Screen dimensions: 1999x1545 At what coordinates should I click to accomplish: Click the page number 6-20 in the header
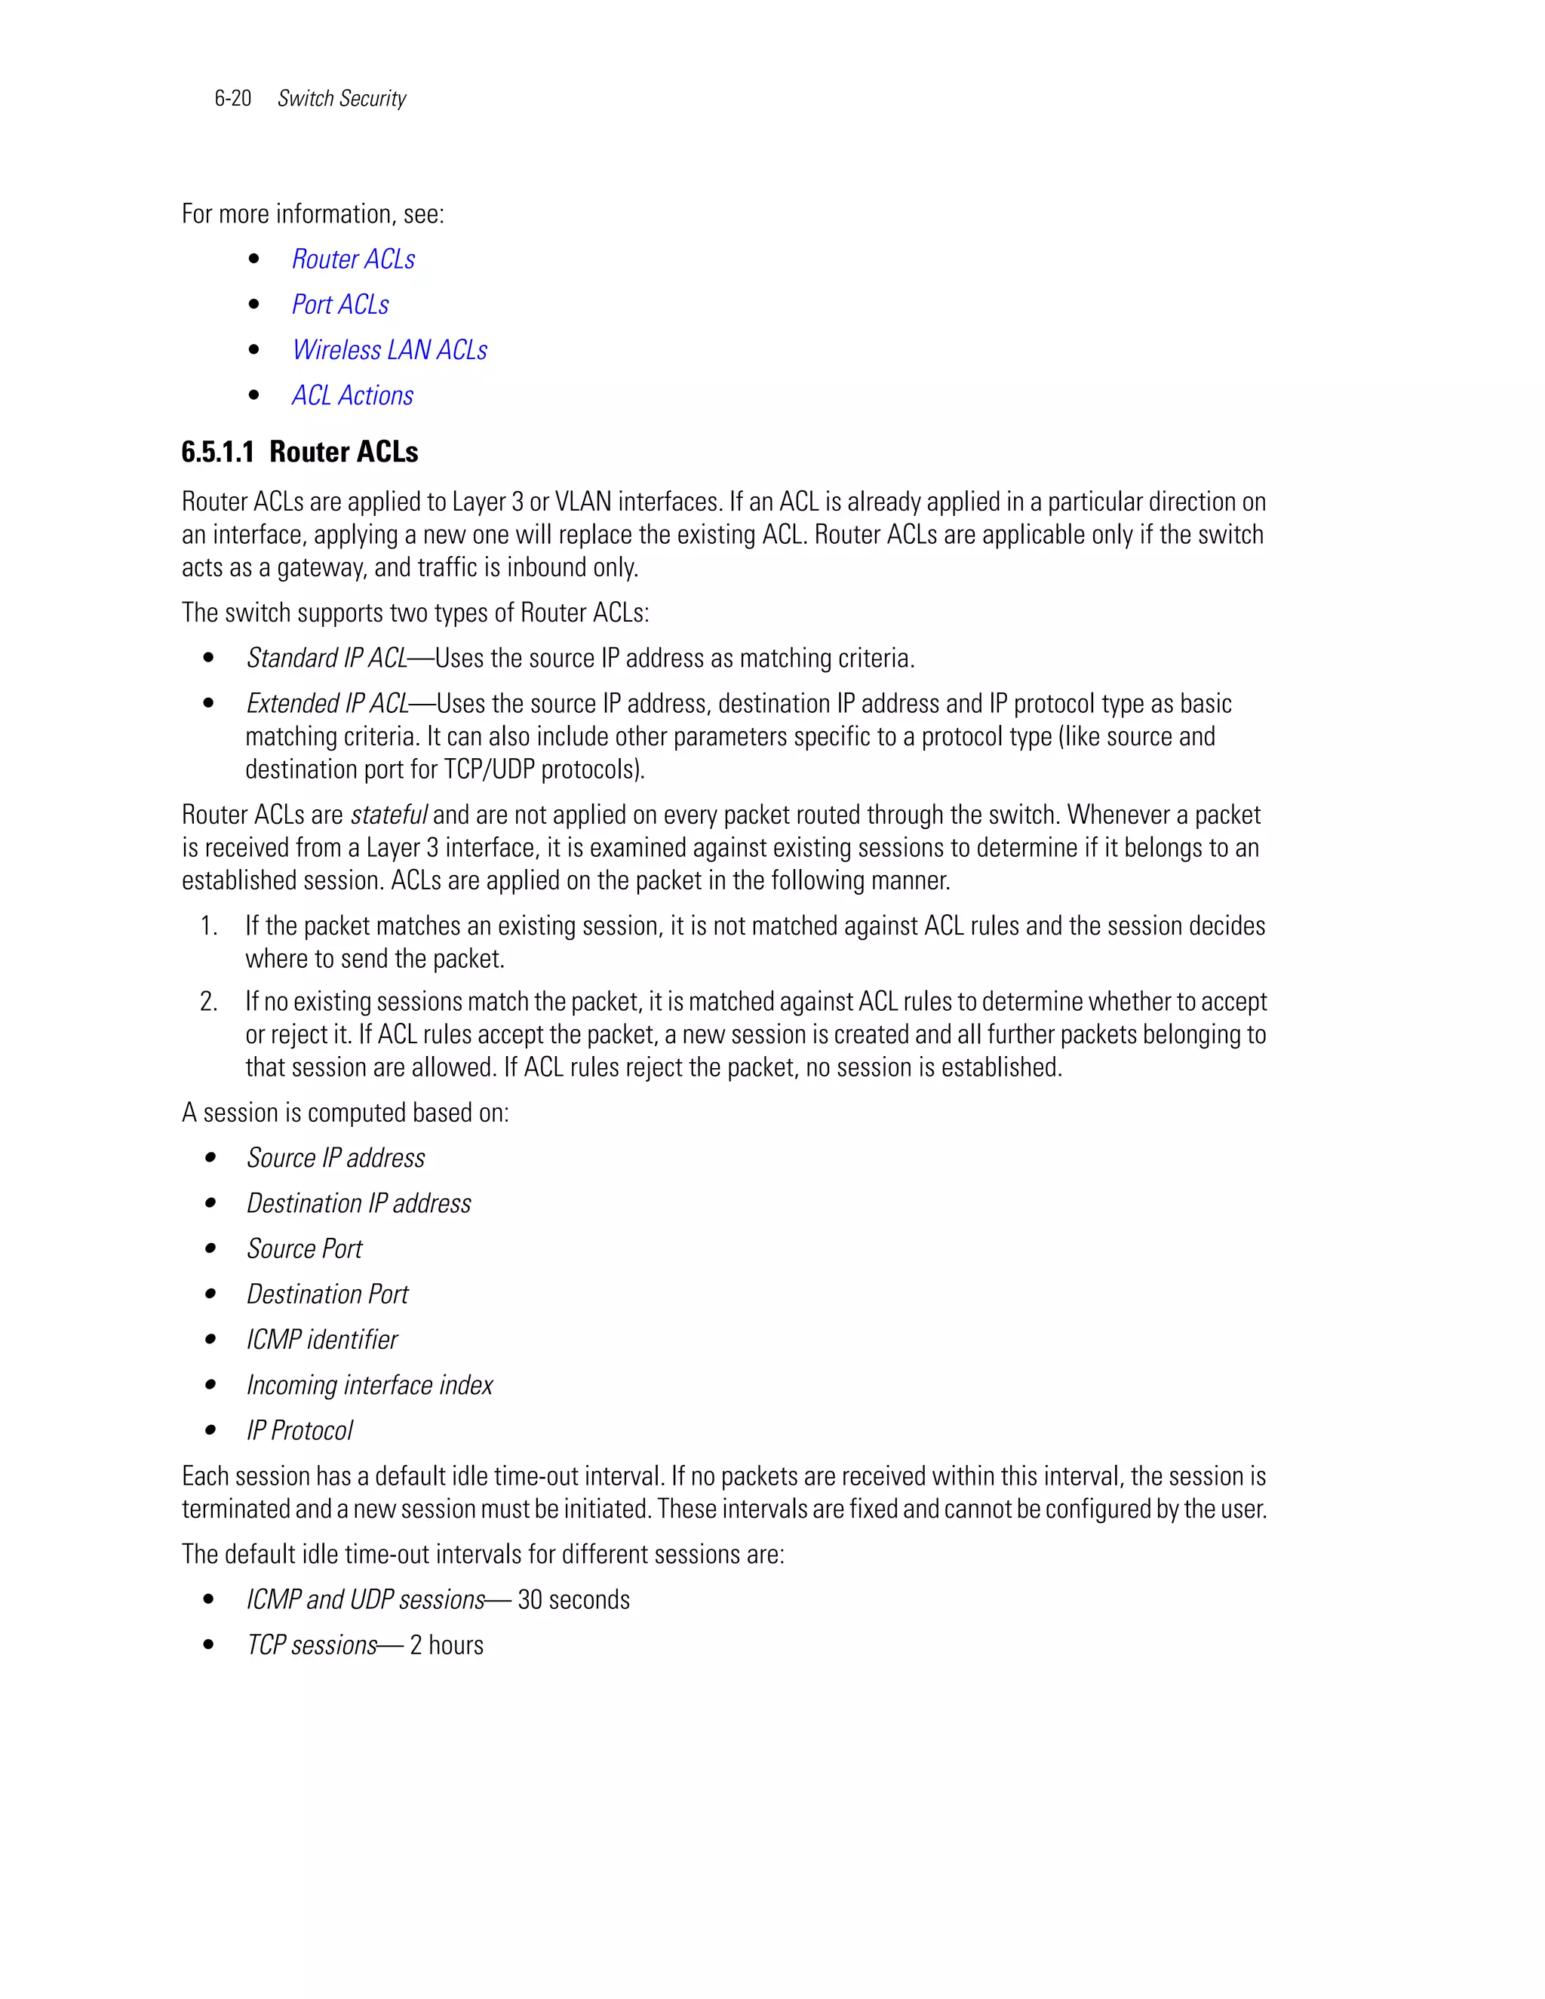(232, 98)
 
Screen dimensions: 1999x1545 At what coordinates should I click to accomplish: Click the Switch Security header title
(342, 98)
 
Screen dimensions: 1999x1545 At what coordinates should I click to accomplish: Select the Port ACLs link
(339, 305)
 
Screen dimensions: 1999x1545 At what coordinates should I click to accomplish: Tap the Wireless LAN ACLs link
(389, 350)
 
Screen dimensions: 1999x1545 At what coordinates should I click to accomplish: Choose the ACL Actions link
(352, 395)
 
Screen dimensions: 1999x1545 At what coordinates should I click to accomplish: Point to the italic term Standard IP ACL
(326, 658)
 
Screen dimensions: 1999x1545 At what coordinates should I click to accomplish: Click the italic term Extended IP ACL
(327, 704)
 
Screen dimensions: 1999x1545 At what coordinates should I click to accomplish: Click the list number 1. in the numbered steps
(209, 926)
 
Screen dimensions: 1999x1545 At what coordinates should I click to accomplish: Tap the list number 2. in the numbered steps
(209, 1001)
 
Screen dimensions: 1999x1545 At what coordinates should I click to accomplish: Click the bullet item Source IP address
(335, 1158)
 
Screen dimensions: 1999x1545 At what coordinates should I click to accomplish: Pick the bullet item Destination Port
(327, 1294)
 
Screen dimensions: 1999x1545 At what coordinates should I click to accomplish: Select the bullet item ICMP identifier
(321, 1340)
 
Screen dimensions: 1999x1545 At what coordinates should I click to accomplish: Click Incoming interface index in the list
(369, 1385)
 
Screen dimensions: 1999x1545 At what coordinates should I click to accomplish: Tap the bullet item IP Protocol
(299, 1430)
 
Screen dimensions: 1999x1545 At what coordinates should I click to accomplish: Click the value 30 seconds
(573, 1600)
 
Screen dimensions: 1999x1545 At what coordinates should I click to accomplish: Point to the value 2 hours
(446, 1644)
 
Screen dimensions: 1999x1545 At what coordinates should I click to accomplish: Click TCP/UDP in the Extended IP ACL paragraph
(490, 769)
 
